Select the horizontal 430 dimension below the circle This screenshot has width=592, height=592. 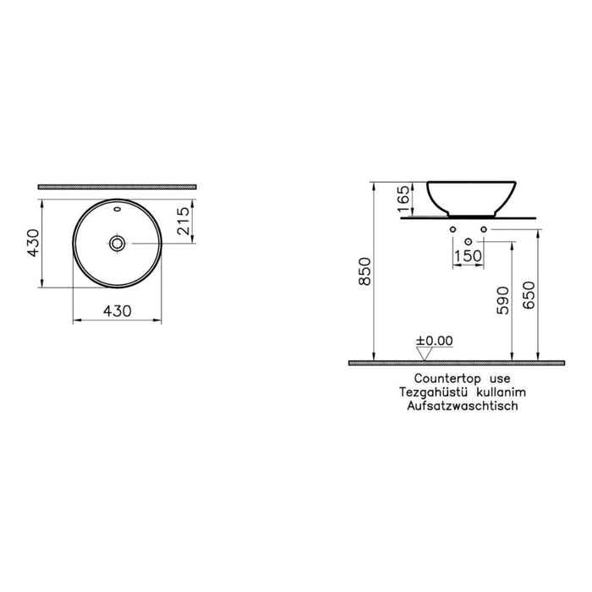(118, 310)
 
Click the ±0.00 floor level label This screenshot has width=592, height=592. (435, 341)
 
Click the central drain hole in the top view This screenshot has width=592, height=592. (117, 244)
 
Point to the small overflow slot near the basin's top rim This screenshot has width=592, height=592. (117, 206)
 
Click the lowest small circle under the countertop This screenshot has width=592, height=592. (468, 240)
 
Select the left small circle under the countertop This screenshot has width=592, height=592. (452, 229)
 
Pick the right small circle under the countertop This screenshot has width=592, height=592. (484, 229)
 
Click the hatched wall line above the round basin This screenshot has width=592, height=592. (117, 185)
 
